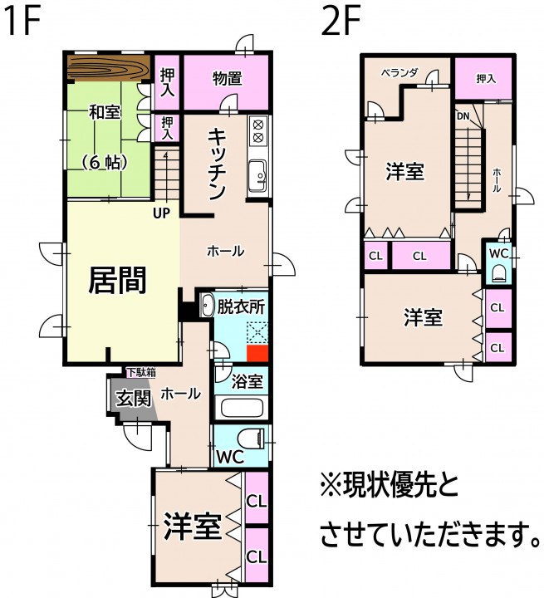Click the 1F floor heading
pos(23,22)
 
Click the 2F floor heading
pos(341,22)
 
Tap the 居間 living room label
pos(117,281)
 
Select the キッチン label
pos(217,164)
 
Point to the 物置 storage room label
pos(228,79)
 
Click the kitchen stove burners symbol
pos(258,131)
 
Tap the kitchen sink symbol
pos(258,176)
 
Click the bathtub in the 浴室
pos(242,407)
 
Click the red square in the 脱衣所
pos(257,354)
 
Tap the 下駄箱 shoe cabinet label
pos(141,372)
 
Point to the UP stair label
pos(161,213)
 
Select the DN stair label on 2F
pos(463,116)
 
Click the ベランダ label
pos(399,72)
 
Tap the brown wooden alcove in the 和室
pos(109,68)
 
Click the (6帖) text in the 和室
pos(104,164)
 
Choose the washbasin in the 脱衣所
pos(207,306)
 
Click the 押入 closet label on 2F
pos(486,79)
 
